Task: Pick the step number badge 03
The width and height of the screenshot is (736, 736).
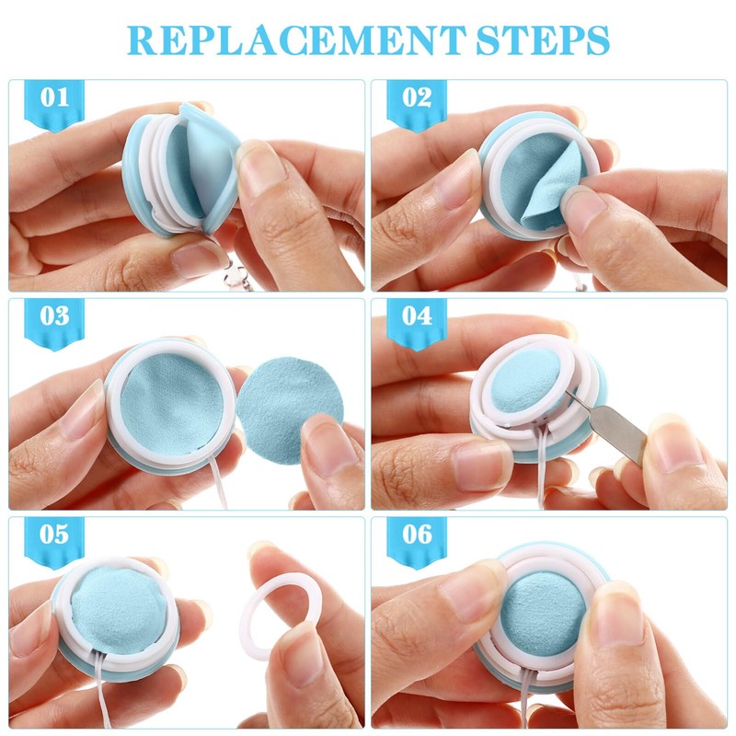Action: tap(55, 317)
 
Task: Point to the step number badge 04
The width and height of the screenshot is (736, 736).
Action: tap(417, 317)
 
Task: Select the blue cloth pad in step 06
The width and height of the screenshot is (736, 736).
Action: tap(543, 612)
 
